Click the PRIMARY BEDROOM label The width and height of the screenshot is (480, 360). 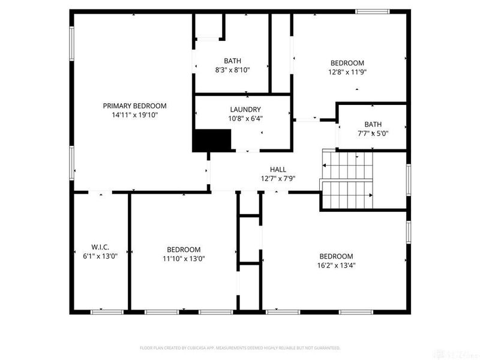click(134, 106)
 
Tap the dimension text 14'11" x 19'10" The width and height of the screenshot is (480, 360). click(134, 115)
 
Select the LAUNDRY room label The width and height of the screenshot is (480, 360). click(245, 109)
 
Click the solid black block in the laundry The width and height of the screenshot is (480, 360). click(211, 140)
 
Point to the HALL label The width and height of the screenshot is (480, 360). click(278, 170)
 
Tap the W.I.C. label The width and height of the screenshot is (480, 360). click(100, 247)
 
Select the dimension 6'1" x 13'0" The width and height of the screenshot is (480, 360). click(100, 257)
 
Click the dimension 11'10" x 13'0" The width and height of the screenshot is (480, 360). click(184, 259)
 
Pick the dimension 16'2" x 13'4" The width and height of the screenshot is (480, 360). click(335, 265)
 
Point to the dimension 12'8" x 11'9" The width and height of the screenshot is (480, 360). click(347, 72)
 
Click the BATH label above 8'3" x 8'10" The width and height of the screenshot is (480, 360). click(232, 61)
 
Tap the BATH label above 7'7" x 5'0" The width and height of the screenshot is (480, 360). click(373, 124)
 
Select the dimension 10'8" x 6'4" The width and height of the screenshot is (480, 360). click(245, 118)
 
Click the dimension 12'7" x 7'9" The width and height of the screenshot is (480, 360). click(278, 179)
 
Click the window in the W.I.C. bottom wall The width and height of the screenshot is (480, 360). click(107, 311)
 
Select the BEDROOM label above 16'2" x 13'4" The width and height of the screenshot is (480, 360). click(335, 256)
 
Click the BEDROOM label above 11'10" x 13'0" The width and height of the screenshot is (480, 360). click(184, 250)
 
